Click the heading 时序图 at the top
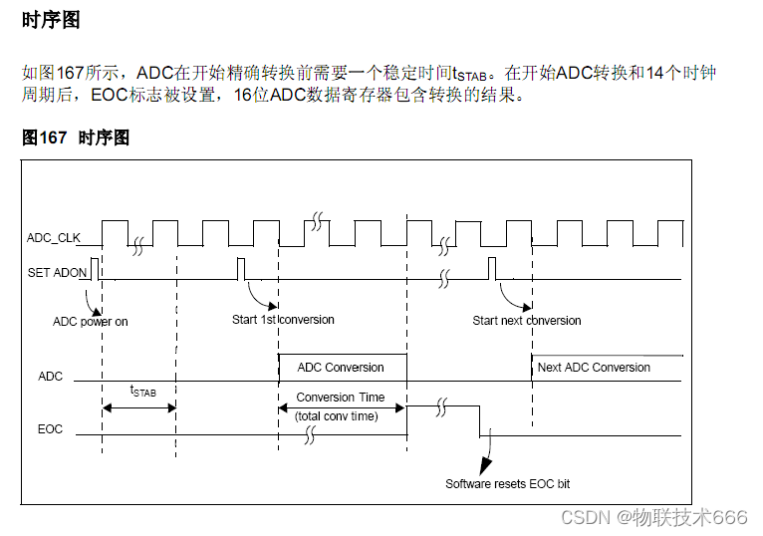(51, 20)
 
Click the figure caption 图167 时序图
(76, 138)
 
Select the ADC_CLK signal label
(54, 238)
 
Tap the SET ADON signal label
(58, 272)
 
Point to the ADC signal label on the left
(50, 377)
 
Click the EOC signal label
(50, 429)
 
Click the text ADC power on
(91, 322)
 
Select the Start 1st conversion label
(283, 320)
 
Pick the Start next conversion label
(527, 321)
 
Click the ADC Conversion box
(341, 368)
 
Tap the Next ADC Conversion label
(594, 368)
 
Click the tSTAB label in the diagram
(143, 392)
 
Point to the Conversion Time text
(341, 397)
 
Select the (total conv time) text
(337, 416)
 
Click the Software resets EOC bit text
(508, 484)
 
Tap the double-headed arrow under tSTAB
(138, 407)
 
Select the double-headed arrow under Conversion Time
(342, 406)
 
